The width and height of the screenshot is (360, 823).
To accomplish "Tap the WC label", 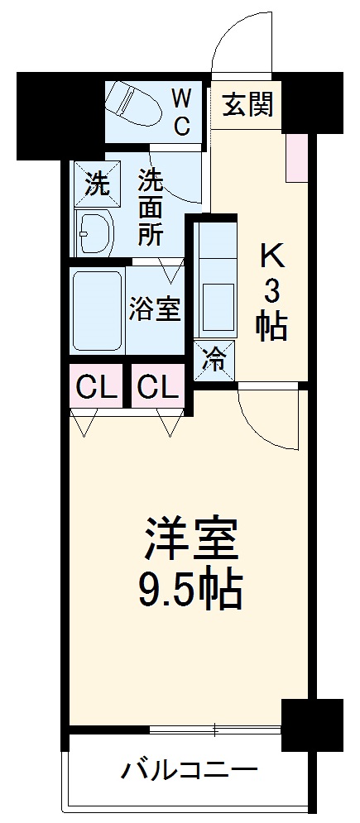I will [181, 112].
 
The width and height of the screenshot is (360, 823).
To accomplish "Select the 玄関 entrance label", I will [247, 106].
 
